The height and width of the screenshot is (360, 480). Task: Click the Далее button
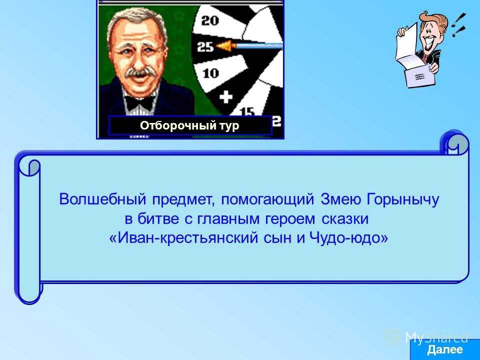[445, 349]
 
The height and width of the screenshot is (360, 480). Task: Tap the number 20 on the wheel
[210, 21]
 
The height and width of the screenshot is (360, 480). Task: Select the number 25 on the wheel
[205, 47]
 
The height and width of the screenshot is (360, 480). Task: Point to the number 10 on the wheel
[210, 73]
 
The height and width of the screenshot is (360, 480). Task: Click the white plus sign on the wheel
[226, 97]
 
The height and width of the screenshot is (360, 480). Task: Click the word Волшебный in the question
[102, 199]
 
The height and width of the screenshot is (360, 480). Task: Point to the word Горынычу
[402, 200]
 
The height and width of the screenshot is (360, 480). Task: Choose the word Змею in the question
[340, 199]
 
